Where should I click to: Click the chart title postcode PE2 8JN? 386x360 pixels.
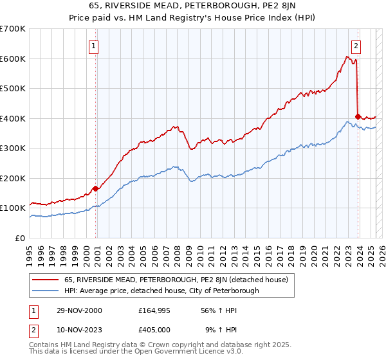tap(275, 6)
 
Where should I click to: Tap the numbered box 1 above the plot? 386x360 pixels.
tap(94, 46)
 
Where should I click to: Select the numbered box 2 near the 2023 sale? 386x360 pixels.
tap(356, 46)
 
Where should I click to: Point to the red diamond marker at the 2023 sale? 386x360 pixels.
tap(358, 116)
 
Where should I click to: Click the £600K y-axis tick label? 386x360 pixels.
tap(13, 59)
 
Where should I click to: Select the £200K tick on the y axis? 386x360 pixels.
tap(13, 178)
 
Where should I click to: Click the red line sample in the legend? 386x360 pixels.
tap(45, 280)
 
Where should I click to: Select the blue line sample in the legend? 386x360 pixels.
tap(45, 291)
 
